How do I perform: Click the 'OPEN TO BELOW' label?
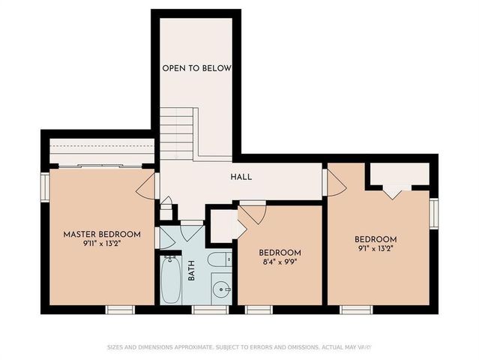point(196,68)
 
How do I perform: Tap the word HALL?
point(241,178)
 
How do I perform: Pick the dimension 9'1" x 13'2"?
point(375,248)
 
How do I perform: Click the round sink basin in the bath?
point(220,288)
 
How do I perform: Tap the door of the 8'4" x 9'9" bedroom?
point(251,213)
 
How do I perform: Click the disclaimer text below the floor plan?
point(239,347)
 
